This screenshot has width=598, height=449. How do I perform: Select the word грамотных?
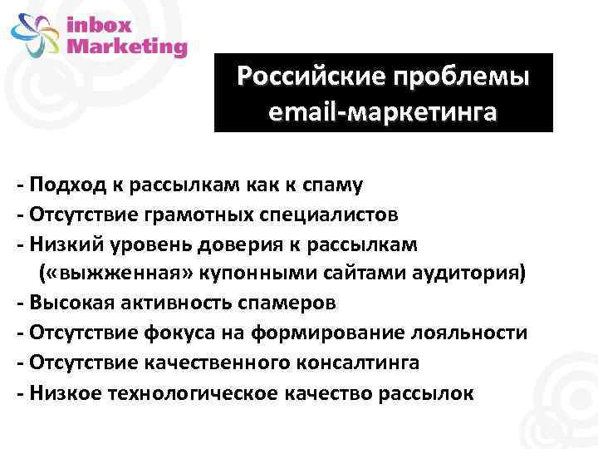(192, 214)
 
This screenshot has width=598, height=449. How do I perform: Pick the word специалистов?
(327, 214)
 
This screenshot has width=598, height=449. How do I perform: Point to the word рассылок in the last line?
(424, 392)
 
